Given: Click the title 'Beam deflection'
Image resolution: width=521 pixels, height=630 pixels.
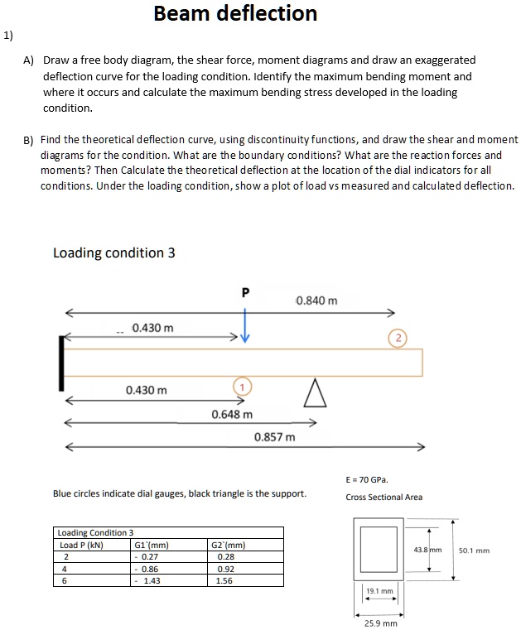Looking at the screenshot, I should point(235,14).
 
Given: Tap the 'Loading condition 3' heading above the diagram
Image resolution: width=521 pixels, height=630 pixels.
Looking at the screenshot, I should point(113,252).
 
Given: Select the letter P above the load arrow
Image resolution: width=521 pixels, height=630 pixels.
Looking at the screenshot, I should point(244,292).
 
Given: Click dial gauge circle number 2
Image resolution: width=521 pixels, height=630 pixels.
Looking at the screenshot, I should point(398,337).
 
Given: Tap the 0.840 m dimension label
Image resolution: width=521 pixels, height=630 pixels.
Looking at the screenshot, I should point(316,300).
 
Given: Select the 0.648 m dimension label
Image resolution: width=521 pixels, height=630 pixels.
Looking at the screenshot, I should point(232,413).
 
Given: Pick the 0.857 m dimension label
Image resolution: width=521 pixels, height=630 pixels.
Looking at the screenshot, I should point(274,436).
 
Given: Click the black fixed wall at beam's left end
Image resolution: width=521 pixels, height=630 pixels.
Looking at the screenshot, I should point(61,363).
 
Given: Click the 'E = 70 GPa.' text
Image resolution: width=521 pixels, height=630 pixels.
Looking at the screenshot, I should point(367,479).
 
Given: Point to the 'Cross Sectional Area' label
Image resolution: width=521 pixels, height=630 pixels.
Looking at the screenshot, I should point(384,497).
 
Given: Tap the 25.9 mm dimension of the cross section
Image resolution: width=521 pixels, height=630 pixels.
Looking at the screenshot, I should point(380,623).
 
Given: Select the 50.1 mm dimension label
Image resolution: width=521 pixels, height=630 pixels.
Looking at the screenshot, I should point(474,550).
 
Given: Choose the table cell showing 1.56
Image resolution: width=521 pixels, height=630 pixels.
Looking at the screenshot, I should point(224,581).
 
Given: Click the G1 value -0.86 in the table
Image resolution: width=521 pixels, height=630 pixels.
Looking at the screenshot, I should point(148,570).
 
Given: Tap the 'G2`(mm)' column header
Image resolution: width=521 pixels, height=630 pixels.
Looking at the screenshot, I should point(229,545).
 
